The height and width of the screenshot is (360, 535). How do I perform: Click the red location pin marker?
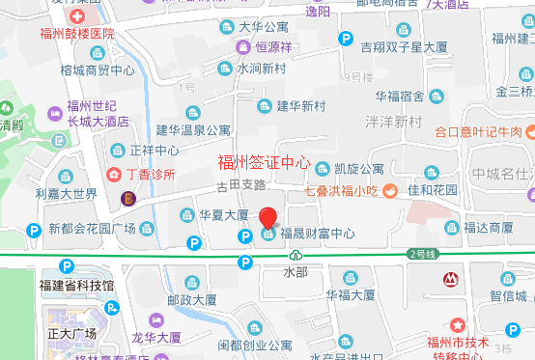pyautogui.click(x=268, y=216)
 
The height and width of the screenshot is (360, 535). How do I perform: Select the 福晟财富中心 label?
pyautogui.click(x=318, y=234)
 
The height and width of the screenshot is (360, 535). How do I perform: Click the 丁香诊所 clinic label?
pyautogui.click(x=151, y=175)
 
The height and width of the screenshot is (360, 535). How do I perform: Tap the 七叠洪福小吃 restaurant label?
pyautogui.click(x=345, y=190)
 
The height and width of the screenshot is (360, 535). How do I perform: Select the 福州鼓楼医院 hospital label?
pyautogui.click(x=77, y=34)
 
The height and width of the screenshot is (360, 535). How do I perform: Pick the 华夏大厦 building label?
pyautogui.click(x=224, y=214)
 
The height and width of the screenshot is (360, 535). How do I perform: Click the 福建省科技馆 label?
pyautogui.click(x=76, y=286)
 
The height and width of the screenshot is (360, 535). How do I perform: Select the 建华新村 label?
pyautogui.click(x=299, y=105)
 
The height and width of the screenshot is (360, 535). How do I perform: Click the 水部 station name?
pyautogui.click(x=296, y=273)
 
